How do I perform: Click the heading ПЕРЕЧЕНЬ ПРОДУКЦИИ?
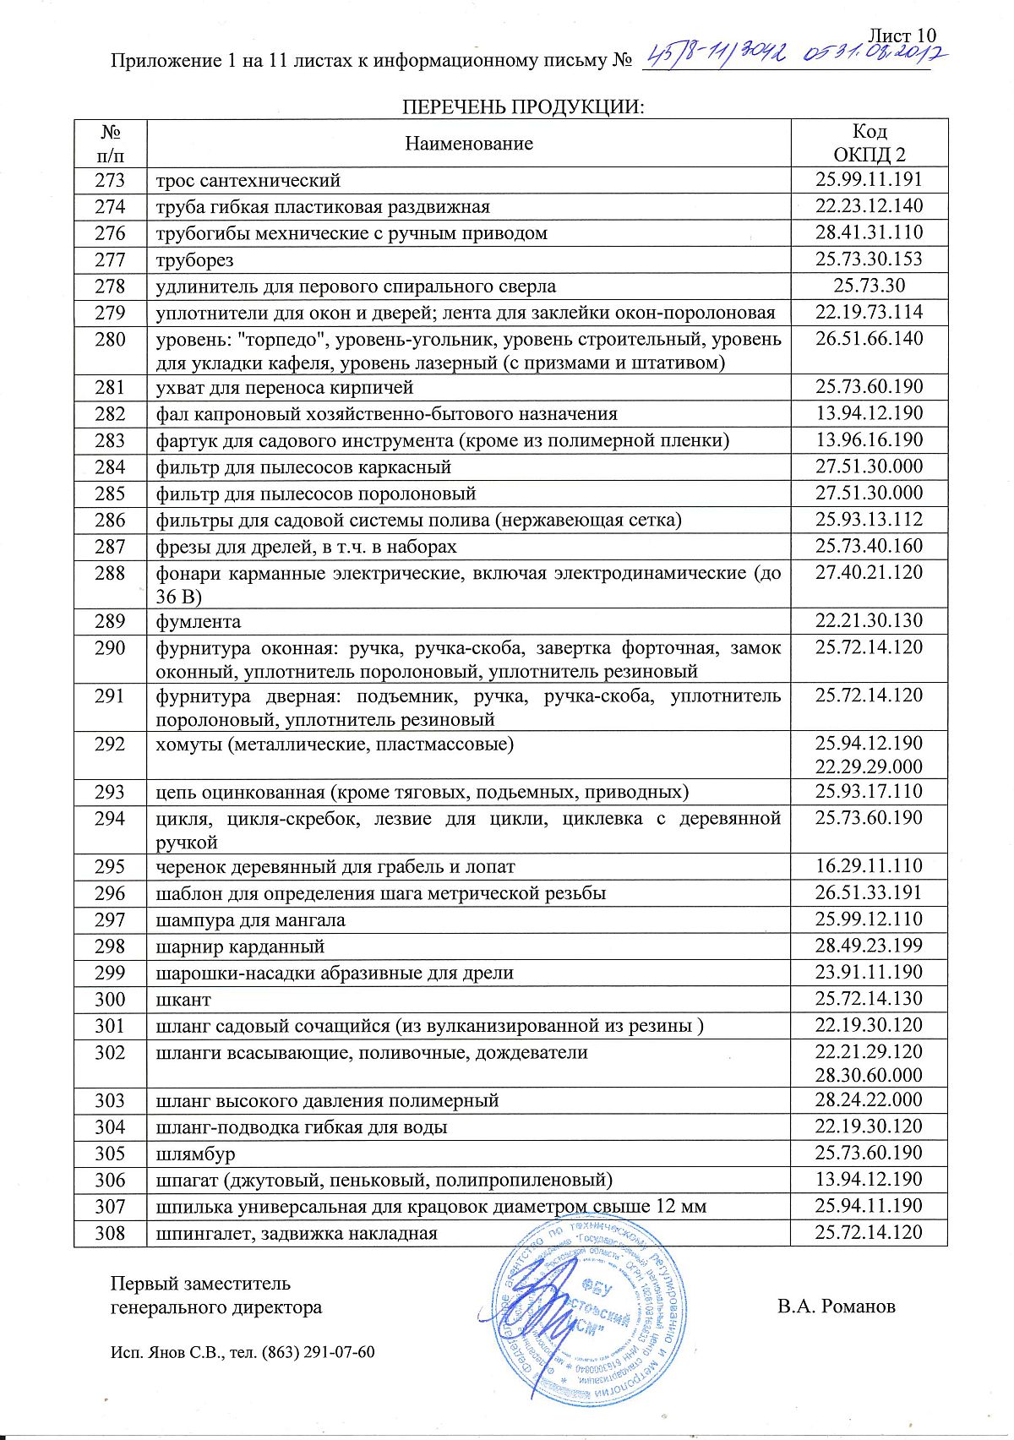pos(522,107)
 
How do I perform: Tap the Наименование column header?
pos(469,144)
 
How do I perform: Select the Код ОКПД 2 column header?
pos(869,143)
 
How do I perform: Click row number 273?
pos(110,180)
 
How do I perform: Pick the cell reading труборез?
pos(194,260)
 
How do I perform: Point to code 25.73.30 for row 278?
pos(869,286)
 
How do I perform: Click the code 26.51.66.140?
pos(869,339)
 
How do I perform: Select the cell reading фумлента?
pos(199,622)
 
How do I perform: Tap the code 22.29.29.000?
pos(869,766)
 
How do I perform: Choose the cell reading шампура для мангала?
pos(251,920)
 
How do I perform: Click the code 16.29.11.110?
pos(869,866)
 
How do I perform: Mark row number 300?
pos(110,1000)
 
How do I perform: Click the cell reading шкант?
pos(183,1000)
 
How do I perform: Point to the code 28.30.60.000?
pos(869,1075)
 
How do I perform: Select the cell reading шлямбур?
pos(196,1154)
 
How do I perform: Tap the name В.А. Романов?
pos(837,1306)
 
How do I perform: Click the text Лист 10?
pos(902,35)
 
